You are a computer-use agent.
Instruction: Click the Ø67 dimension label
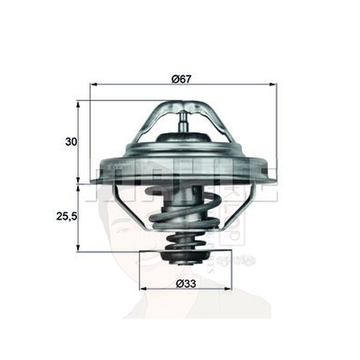click(x=181, y=79)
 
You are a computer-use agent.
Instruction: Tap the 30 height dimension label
click(x=71, y=142)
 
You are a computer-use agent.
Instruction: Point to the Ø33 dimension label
click(x=186, y=283)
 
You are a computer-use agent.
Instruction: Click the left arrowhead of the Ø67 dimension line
click(x=93, y=84)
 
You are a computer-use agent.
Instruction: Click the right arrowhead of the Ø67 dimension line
click(x=274, y=84)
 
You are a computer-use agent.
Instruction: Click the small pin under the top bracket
click(x=184, y=122)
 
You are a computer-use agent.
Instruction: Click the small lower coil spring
click(x=182, y=241)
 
